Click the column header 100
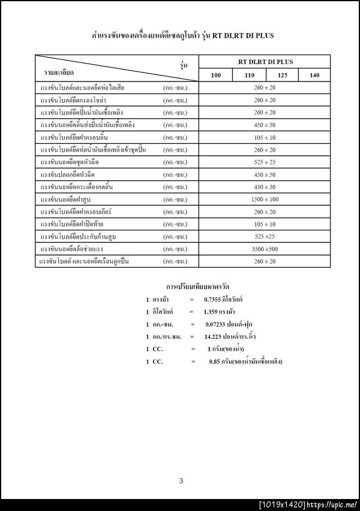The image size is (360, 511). (x=216, y=76)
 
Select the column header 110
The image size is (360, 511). (x=249, y=76)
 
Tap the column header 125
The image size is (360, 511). (x=281, y=76)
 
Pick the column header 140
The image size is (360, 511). (x=314, y=76)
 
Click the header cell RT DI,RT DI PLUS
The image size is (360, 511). (x=265, y=62)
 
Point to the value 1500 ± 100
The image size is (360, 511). (x=265, y=199)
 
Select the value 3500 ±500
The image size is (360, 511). (x=265, y=249)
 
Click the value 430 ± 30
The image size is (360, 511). (x=265, y=187)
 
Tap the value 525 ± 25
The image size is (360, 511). (x=265, y=162)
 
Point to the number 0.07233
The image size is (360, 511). (x=217, y=324)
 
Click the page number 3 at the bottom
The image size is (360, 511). (x=181, y=480)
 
